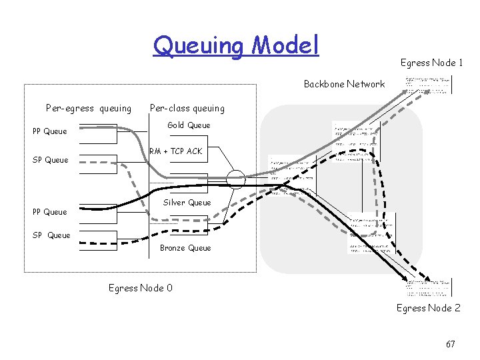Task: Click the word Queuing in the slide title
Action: tap(198, 45)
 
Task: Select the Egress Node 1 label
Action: tap(431, 63)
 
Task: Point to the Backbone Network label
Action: tap(344, 84)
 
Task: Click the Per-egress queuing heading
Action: tap(89, 108)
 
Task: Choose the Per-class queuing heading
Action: tap(187, 108)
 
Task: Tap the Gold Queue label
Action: tap(189, 125)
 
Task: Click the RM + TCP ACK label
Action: tap(175, 151)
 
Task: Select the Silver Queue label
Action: tap(187, 203)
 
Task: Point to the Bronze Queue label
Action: tap(185, 248)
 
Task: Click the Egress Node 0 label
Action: tap(140, 288)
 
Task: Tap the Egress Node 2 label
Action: tap(429, 308)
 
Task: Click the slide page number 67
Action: tap(451, 344)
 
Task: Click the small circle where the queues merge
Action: tap(235, 179)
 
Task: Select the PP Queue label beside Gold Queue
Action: tap(50, 131)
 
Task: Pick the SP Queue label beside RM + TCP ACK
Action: tap(51, 160)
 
